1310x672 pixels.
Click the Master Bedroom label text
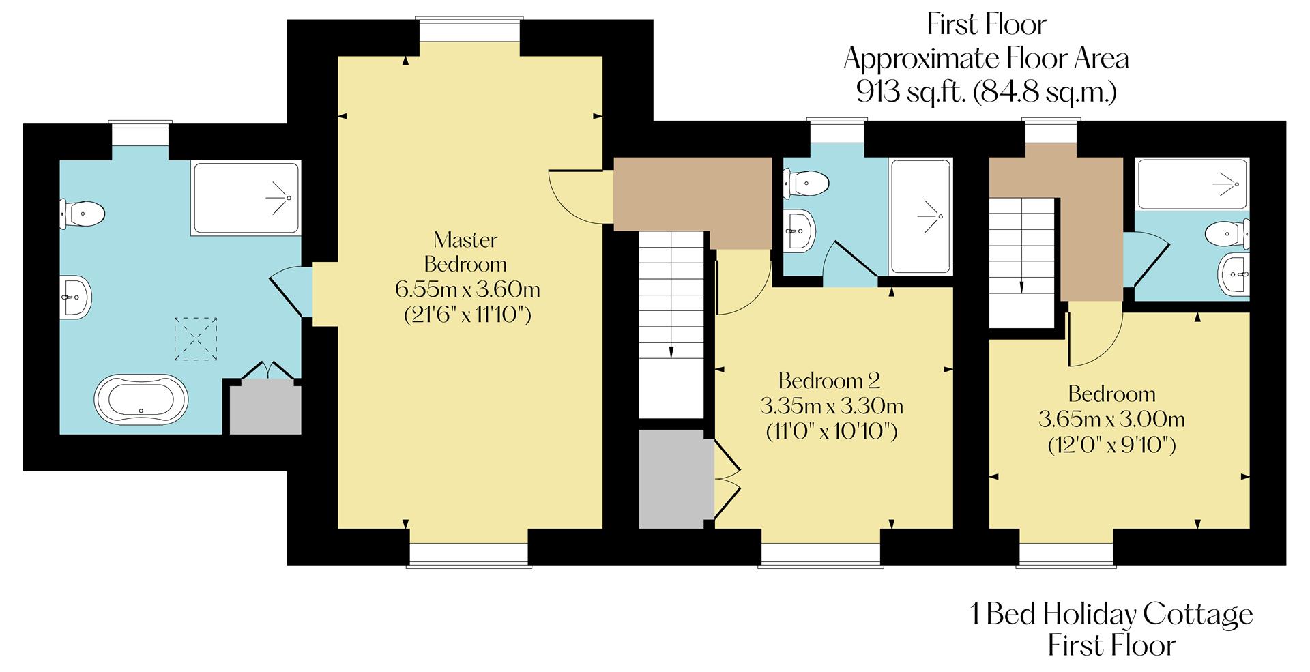(x=465, y=252)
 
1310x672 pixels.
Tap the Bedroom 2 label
(x=829, y=380)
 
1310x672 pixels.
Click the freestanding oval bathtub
(x=141, y=398)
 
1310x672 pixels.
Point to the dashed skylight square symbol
(x=196, y=338)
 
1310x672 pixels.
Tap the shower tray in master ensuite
(x=246, y=199)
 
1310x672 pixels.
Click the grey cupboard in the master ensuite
(x=265, y=408)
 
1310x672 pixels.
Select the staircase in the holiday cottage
(x=1021, y=263)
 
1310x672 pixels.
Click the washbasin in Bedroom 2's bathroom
(x=798, y=230)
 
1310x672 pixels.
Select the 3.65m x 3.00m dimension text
(x=1111, y=419)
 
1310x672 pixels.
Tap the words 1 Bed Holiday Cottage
(x=1111, y=614)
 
